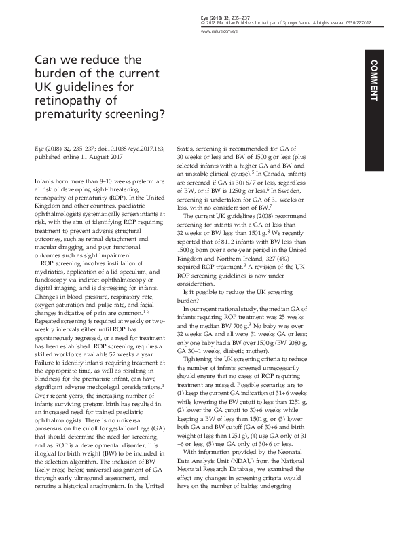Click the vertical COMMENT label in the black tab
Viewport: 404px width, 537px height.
[x=374, y=79]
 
